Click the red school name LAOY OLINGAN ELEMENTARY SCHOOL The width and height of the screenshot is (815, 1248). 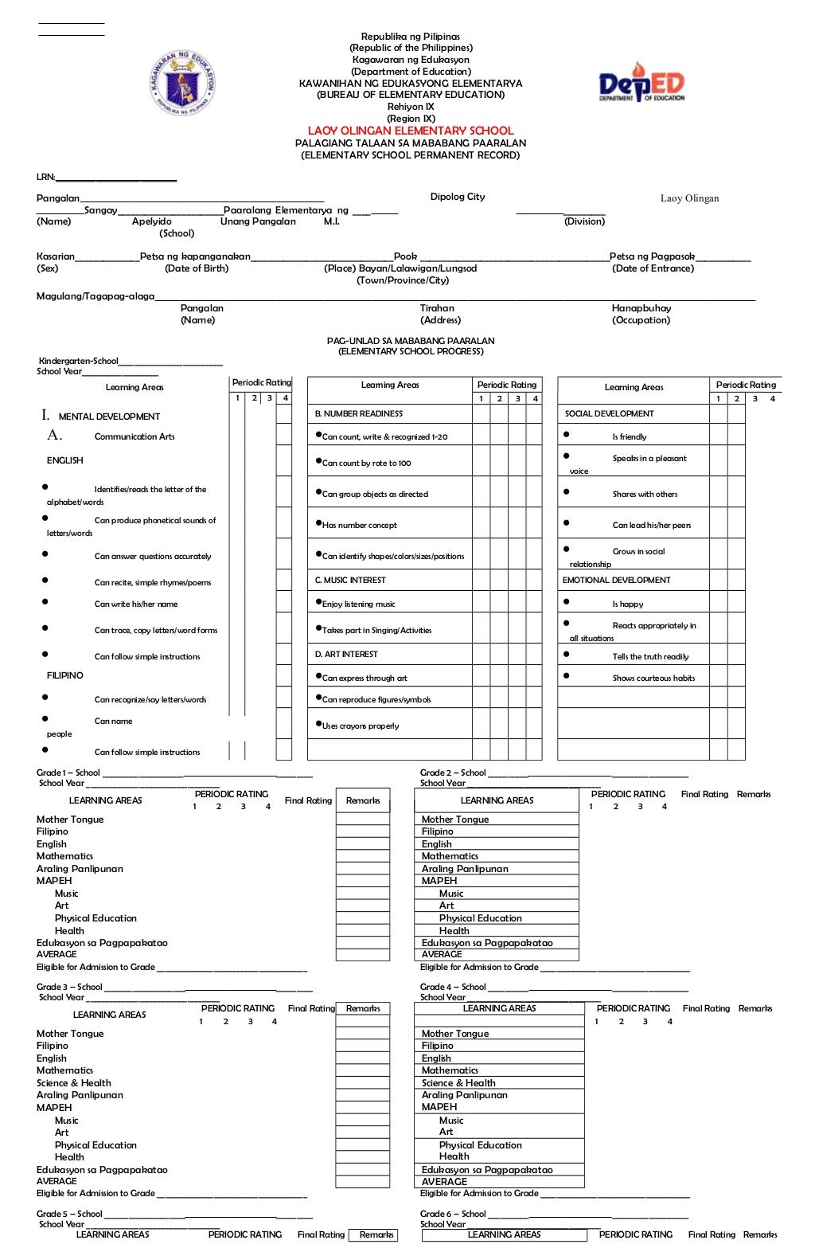coord(411,131)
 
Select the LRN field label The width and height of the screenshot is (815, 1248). coord(45,177)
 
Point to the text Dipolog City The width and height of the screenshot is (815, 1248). coord(458,197)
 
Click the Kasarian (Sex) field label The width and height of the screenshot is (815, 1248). coord(55,256)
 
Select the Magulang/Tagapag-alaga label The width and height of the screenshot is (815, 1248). coord(96,296)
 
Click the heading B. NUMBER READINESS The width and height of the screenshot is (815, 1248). coord(359,414)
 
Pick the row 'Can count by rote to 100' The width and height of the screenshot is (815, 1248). coord(366,463)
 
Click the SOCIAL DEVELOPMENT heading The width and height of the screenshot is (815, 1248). coord(609,414)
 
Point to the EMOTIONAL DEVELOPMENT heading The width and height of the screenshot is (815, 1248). coord(616,581)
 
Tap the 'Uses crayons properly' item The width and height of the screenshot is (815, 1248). coord(361,726)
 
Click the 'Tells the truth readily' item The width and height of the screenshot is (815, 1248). coord(650,657)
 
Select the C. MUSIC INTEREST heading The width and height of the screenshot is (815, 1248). coord(350,581)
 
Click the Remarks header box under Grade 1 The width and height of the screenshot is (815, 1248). coord(363,800)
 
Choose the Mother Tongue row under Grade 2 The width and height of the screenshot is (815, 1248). coord(455,820)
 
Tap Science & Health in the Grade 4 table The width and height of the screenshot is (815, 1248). coord(458,1083)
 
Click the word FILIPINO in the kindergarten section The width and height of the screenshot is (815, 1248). coord(65,675)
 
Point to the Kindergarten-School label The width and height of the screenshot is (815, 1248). coord(78,361)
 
